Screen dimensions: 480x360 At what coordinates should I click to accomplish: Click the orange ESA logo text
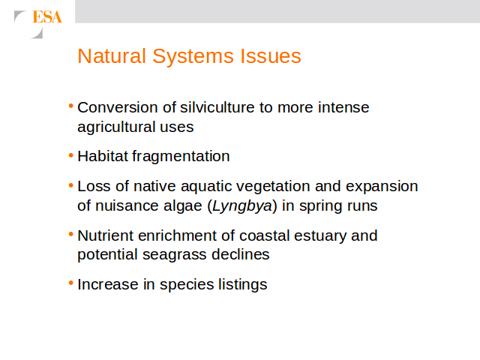(x=47, y=16)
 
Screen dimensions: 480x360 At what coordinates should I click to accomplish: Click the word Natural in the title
(x=112, y=56)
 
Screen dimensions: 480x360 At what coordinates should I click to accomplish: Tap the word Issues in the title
(x=271, y=56)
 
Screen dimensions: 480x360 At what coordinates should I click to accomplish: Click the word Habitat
(x=102, y=156)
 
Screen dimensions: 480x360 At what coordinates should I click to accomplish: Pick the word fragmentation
(x=181, y=157)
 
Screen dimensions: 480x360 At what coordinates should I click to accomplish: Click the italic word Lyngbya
(x=242, y=206)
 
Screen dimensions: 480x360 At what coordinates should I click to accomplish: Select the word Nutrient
(x=105, y=235)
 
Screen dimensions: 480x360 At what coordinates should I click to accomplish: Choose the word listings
(x=243, y=285)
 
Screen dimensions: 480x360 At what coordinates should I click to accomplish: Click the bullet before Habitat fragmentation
(x=71, y=155)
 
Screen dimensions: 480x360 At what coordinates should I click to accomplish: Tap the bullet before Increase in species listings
(x=71, y=283)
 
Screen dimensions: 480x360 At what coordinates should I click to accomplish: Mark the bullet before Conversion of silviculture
(x=71, y=106)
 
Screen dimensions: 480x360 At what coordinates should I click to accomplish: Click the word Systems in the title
(x=193, y=57)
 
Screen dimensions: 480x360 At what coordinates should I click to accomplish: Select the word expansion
(x=382, y=187)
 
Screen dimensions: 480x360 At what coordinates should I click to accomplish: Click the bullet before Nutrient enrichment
(x=71, y=235)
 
